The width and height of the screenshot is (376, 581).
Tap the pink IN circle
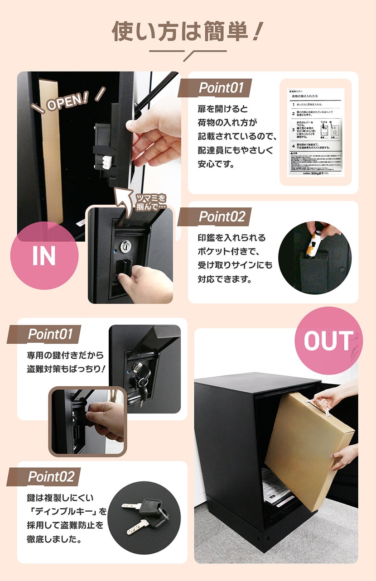[44, 256]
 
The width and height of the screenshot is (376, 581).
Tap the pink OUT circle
[328, 341]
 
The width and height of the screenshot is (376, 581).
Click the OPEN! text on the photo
[68, 102]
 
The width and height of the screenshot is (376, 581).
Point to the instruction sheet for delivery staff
[316, 132]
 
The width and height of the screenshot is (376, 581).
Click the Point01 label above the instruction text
[222, 88]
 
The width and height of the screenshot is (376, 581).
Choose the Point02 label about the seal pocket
[222, 216]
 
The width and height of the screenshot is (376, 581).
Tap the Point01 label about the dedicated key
[50, 334]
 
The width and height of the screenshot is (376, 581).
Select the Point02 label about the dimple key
[50, 476]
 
